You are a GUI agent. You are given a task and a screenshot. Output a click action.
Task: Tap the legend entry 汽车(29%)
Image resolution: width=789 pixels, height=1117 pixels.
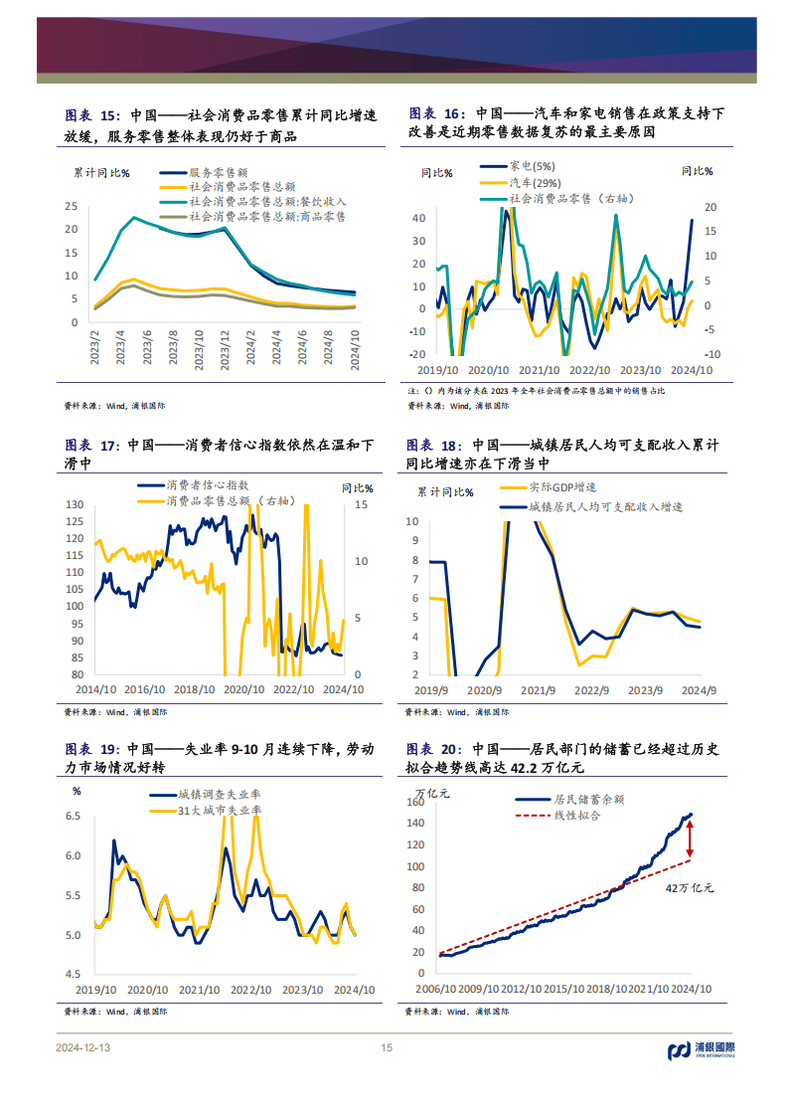click(535, 182)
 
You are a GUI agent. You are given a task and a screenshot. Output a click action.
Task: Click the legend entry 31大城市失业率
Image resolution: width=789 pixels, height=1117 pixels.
click(219, 811)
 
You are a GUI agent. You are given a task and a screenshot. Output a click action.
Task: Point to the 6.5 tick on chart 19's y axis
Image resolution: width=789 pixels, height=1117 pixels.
click(74, 816)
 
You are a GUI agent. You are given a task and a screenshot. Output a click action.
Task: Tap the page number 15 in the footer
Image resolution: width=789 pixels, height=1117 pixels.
click(388, 1048)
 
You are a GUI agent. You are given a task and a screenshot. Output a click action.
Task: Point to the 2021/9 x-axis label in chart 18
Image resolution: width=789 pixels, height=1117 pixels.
click(537, 689)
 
